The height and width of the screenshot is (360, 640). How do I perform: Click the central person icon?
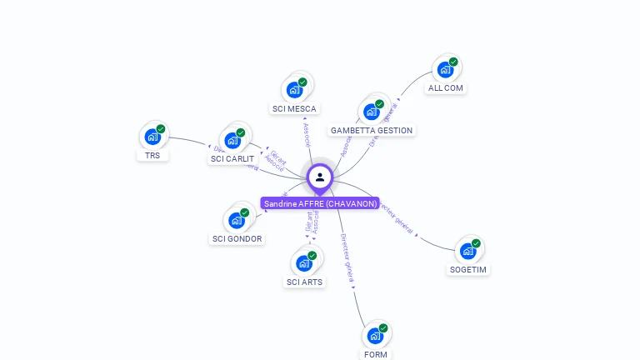(320, 177)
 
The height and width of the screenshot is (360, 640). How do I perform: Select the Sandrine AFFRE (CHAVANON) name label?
(320, 203)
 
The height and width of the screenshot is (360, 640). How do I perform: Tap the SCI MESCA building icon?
(294, 90)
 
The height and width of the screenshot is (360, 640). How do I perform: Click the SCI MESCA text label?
(295, 108)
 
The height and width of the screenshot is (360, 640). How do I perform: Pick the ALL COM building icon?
(445, 69)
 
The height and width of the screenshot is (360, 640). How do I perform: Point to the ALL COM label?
(446, 87)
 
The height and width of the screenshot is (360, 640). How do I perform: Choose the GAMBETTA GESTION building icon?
(372, 112)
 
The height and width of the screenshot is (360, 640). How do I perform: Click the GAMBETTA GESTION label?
(372, 130)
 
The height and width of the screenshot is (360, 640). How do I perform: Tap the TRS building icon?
(152, 137)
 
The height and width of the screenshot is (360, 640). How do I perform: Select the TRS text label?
(152, 155)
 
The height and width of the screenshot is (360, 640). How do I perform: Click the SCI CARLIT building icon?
(232, 140)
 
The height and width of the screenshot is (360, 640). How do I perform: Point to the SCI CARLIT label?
(232, 158)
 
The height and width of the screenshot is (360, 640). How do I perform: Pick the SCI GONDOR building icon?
(237, 220)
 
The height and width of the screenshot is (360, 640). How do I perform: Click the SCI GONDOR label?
(237, 238)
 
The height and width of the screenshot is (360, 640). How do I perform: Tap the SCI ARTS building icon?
(304, 263)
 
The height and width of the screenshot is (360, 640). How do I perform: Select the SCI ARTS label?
(304, 282)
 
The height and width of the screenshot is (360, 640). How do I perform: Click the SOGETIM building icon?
(468, 251)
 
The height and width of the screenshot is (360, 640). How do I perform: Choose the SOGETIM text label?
(468, 269)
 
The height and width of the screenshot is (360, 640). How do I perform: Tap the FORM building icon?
(376, 336)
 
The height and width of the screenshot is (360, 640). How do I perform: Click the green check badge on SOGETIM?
(476, 243)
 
